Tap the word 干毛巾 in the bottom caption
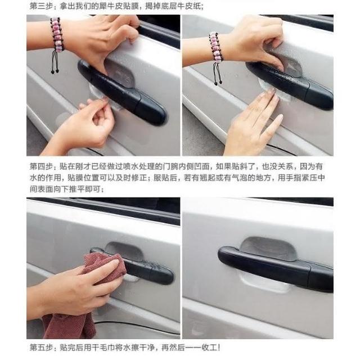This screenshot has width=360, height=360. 103,348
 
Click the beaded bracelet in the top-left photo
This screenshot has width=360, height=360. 57,34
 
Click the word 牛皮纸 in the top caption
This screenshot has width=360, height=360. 193,6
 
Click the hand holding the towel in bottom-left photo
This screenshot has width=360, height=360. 76,291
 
